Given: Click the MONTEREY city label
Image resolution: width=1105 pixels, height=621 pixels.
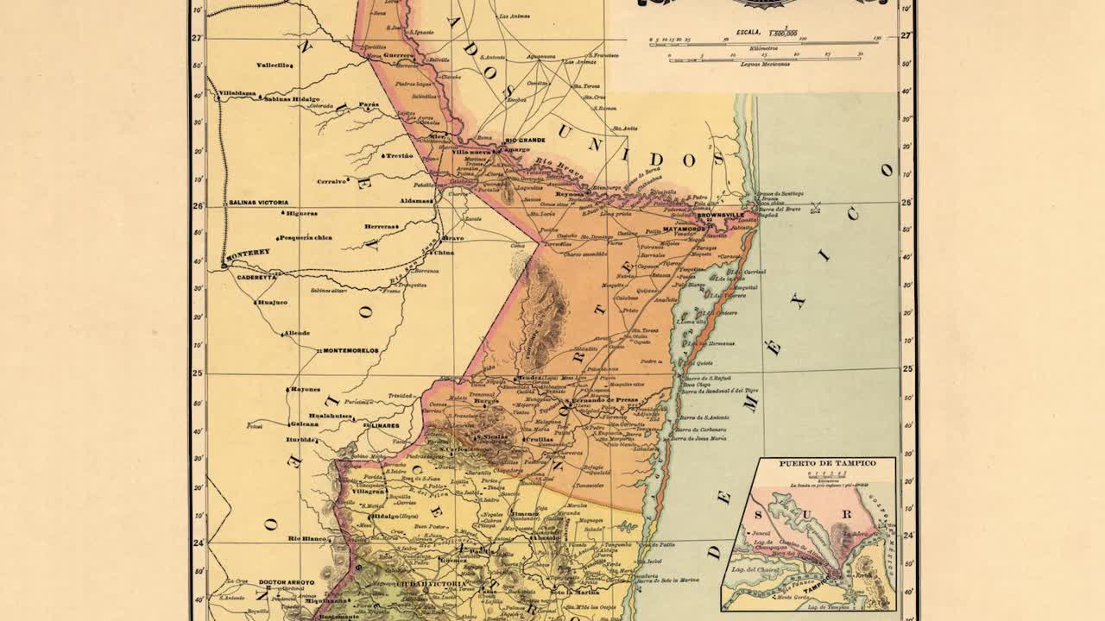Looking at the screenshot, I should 249,252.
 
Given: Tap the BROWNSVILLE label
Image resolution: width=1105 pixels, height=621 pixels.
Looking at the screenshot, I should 721,215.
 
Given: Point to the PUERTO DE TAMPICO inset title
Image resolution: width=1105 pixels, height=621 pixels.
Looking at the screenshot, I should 827,463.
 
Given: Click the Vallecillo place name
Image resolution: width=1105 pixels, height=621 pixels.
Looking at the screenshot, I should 275,65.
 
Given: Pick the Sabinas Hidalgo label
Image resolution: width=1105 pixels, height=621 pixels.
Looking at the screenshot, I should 292,99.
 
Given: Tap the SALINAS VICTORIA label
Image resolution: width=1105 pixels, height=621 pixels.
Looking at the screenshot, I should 258,202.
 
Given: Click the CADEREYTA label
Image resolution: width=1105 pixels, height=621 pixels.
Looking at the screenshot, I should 256,277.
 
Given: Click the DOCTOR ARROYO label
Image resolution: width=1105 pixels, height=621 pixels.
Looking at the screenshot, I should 287,582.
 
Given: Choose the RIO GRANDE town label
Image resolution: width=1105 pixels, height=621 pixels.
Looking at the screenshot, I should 525,140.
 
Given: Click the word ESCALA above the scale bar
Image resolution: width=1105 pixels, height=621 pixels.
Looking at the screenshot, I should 748,31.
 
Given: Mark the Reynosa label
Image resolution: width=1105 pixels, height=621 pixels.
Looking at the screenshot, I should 570,195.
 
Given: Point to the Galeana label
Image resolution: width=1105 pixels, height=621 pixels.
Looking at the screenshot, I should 304,423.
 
